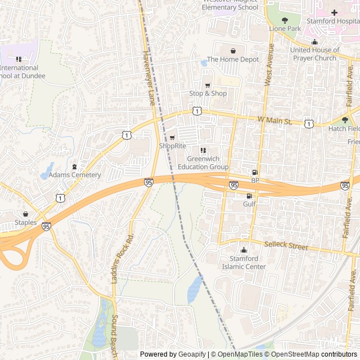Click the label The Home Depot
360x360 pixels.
tap(233, 59)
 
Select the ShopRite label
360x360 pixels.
tap(172, 146)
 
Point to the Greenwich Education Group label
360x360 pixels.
tap(203, 163)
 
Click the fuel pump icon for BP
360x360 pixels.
tap(255, 173)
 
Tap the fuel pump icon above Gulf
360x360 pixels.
tap(249, 196)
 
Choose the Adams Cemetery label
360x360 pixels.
tap(75, 175)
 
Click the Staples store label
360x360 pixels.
tap(26, 223)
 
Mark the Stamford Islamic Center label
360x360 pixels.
tap(244, 262)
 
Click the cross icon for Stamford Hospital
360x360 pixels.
tap(334, 12)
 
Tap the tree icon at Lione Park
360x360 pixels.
tap(285, 20)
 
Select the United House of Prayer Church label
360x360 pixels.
tap(321, 53)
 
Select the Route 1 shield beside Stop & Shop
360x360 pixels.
tap(197, 111)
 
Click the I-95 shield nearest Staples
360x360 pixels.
tap(46, 226)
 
